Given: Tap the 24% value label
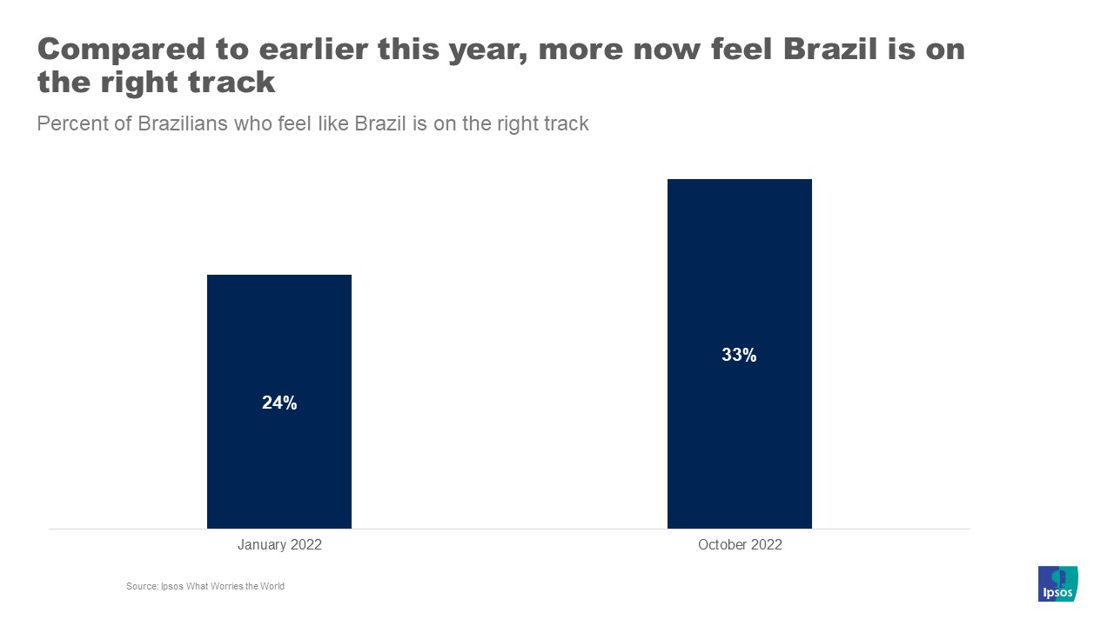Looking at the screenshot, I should click(x=279, y=403).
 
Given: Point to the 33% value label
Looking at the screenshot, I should click(x=739, y=355).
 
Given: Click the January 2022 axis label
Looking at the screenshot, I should click(x=279, y=545).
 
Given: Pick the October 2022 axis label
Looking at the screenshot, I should click(x=740, y=545).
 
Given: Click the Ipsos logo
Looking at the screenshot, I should click(x=1057, y=583).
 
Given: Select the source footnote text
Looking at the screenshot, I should click(x=205, y=586).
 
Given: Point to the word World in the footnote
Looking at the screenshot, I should click(x=272, y=586).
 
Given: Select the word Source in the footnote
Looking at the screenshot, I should click(x=141, y=586).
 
